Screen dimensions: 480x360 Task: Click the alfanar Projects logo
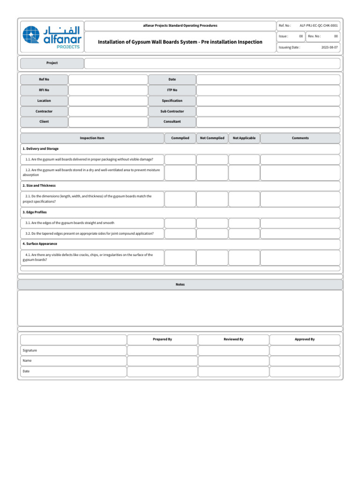(52, 37)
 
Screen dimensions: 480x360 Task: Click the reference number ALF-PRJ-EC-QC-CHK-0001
(318, 25)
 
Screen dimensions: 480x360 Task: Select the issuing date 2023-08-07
(329, 47)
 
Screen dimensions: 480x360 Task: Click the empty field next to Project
(212, 63)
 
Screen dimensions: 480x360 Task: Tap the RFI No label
(44, 90)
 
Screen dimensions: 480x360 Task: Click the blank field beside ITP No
(268, 90)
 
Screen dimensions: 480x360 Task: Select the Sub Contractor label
(172, 112)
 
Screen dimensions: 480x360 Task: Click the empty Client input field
(108, 122)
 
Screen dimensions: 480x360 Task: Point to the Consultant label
(172, 122)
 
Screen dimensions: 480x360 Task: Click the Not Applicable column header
(244, 138)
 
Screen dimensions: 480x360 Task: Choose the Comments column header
(300, 138)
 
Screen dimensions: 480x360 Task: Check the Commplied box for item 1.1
(180, 159)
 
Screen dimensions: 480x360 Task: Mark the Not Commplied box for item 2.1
(212, 199)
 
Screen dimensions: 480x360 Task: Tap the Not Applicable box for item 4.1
(244, 257)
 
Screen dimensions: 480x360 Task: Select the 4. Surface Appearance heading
(40, 244)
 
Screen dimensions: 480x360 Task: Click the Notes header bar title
(180, 285)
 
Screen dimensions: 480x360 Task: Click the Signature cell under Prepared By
(162, 350)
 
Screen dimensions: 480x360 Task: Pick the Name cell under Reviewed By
(233, 361)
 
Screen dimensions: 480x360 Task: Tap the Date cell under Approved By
(305, 371)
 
